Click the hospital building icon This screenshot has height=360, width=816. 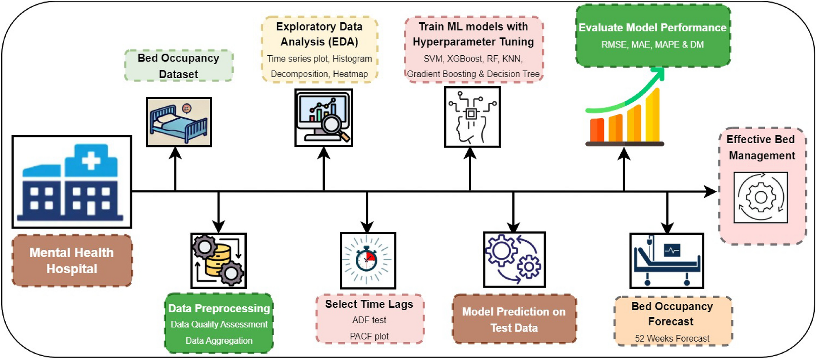coord(72,181)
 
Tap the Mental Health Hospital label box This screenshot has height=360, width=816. coord(72,261)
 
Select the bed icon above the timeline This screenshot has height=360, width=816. coord(179,122)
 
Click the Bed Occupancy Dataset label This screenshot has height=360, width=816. coord(178,66)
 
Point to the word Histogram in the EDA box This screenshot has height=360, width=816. coord(352,59)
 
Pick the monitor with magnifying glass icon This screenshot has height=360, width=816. coord(324,118)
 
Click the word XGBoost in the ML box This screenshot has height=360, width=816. coord(464,59)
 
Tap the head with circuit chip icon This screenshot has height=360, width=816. coord(472,117)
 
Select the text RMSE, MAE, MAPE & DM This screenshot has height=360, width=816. coord(652,45)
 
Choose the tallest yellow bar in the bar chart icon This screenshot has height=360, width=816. coord(653,116)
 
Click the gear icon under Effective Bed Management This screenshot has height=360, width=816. coord(761,198)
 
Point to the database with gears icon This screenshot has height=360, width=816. coord(219,261)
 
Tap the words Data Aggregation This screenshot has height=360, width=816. coord(219,341)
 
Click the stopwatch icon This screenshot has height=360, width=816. coord(368,260)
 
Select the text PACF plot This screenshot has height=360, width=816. coord(369,336)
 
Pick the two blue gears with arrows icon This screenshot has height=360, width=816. coord(514,260)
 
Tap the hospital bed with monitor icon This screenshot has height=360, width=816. coord(666,261)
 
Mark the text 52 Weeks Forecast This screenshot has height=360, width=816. coord(672,338)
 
